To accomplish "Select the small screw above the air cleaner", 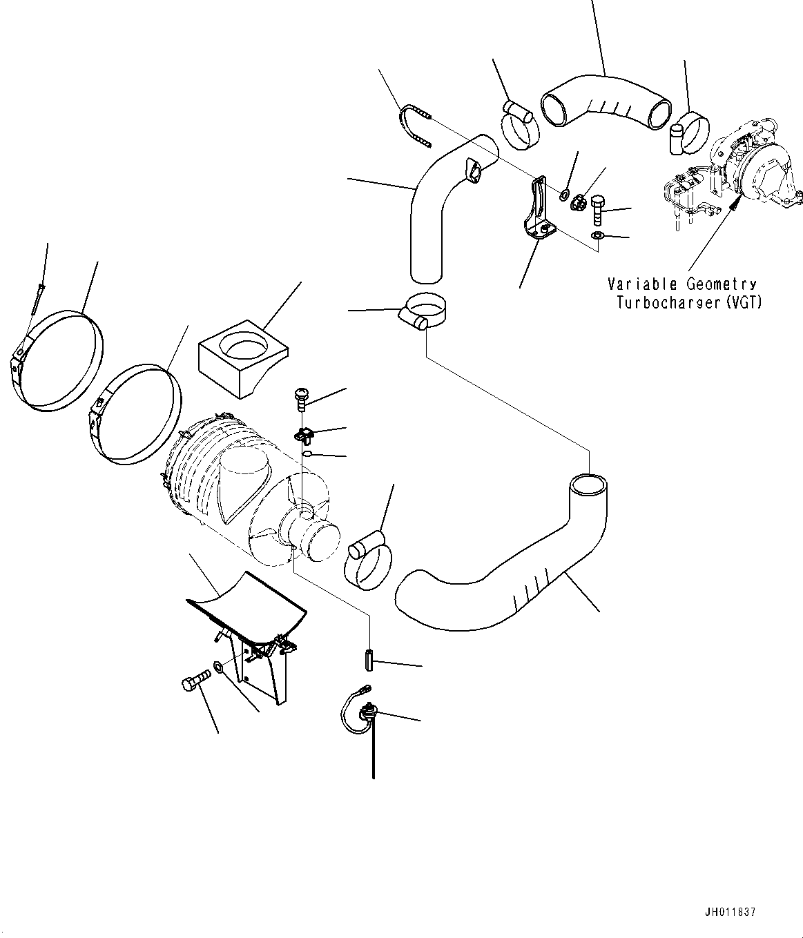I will pyautogui.click(x=302, y=397).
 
